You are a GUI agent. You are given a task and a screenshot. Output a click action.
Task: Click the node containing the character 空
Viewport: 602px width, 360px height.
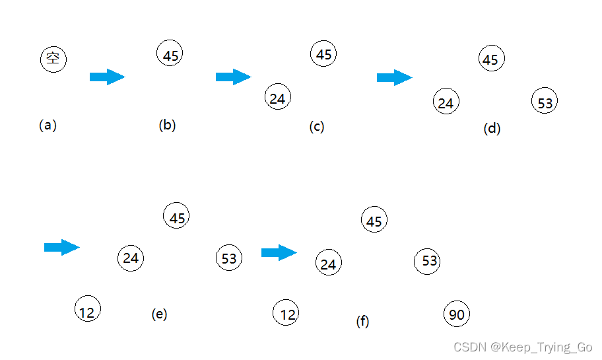[53, 59]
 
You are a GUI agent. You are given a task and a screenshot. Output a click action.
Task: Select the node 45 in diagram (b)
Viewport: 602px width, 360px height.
[170, 54]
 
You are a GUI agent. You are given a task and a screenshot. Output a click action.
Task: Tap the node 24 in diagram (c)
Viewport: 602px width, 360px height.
[277, 97]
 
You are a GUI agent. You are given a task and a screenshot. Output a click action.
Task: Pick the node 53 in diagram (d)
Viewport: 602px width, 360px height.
[545, 102]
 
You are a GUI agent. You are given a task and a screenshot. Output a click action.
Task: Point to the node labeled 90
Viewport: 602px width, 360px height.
[456, 314]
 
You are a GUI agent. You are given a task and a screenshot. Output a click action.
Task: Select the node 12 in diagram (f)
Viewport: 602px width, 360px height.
[286, 313]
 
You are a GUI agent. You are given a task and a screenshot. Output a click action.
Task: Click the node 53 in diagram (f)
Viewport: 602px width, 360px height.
[428, 261]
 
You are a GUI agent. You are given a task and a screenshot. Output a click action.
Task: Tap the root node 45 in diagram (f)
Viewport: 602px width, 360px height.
[374, 220]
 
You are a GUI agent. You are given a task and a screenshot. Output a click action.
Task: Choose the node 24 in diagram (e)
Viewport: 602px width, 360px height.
[130, 258]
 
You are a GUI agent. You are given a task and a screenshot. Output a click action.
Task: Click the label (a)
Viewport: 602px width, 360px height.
[48, 125]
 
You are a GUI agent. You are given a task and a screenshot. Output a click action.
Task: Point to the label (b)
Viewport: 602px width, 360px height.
[167, 125]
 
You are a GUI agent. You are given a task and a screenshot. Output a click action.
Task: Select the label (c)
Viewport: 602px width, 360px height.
[317, 127]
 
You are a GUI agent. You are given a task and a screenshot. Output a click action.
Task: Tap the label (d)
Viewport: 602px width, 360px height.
[492, 129]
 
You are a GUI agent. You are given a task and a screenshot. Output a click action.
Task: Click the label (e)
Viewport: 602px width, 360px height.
[159, 314]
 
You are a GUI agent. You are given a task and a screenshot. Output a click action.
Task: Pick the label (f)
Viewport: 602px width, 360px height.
[362, 322]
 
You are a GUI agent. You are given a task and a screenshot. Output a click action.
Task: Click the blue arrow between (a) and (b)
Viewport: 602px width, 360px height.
[107, 77]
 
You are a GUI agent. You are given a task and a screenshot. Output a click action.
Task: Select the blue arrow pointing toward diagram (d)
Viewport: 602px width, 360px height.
[394, 78]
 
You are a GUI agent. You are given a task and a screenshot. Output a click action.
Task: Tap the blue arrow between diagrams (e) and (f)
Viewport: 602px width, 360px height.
[279, 252]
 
